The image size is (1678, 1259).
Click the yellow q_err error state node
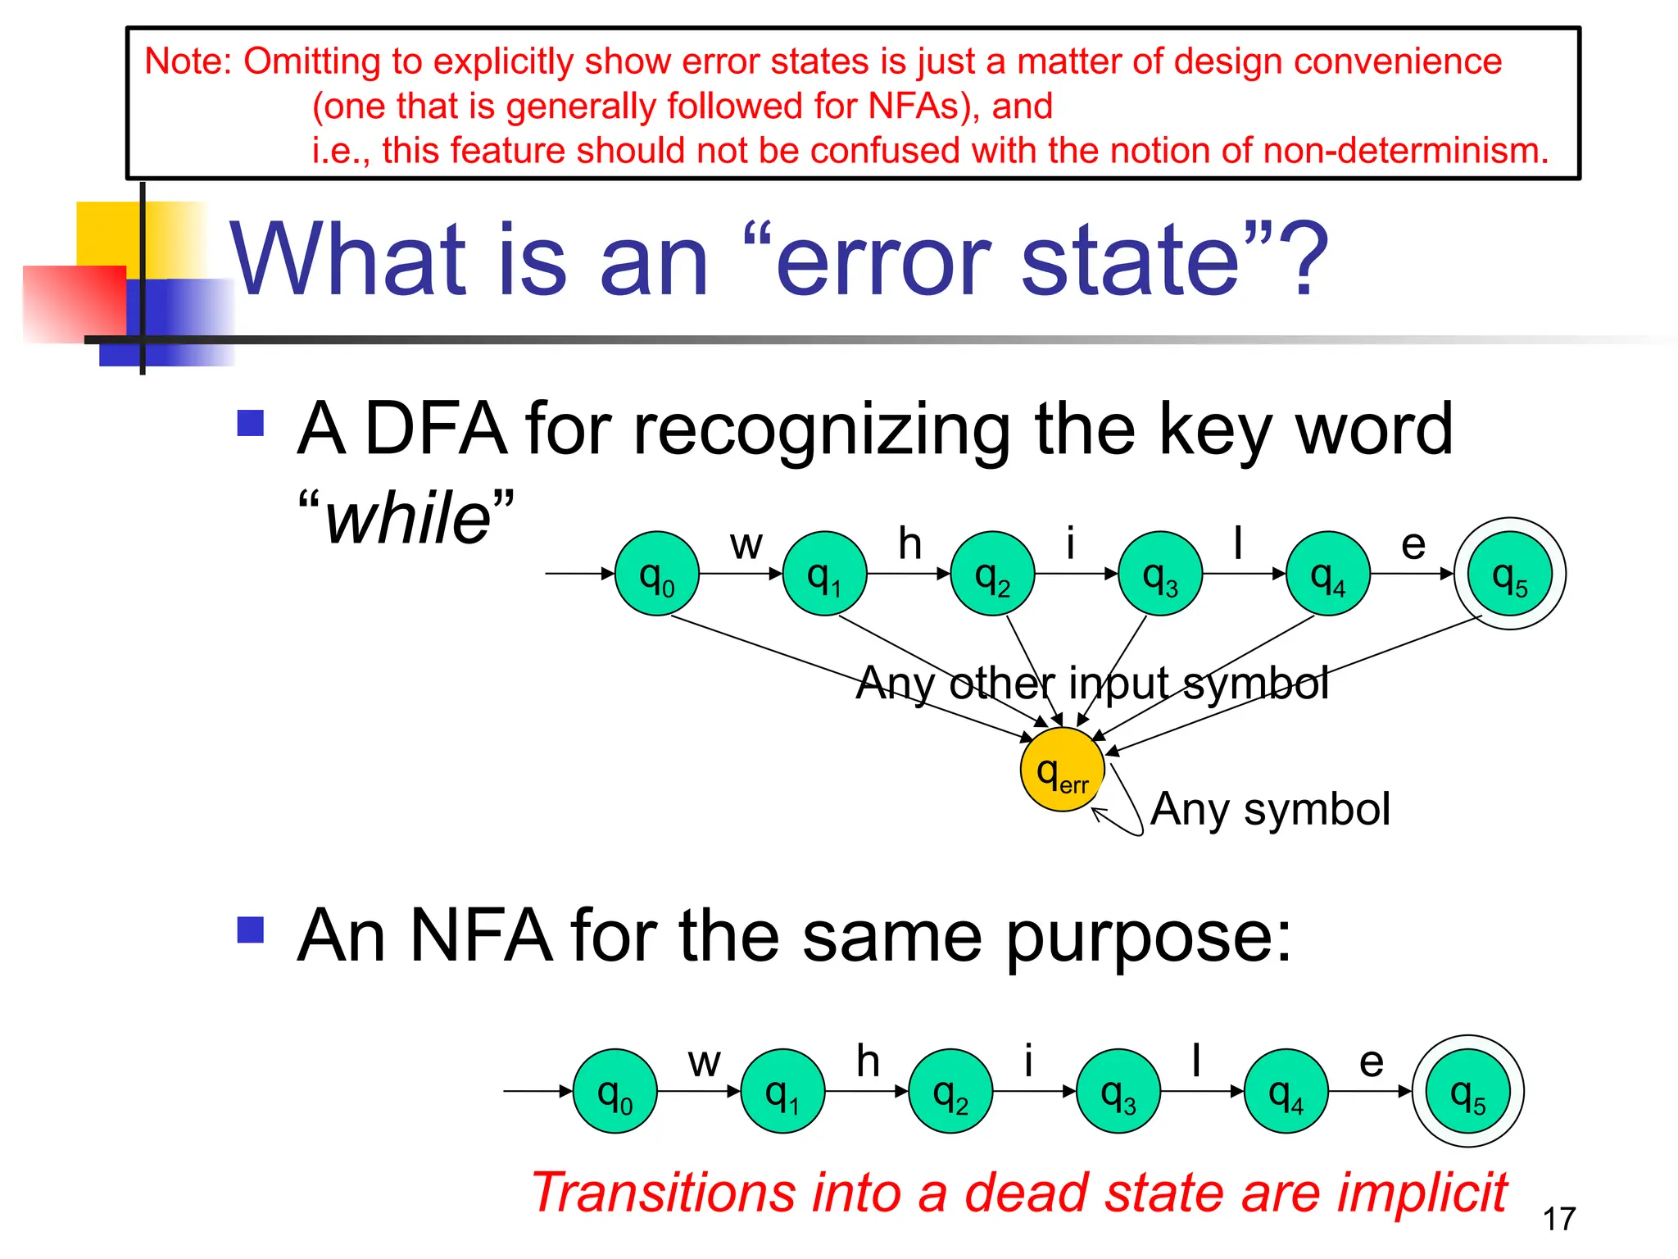(1063, 770)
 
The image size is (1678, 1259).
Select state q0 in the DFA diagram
(657, 574)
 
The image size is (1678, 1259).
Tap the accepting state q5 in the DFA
(1509, 574)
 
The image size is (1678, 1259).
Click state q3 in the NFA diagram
(1118, 1091)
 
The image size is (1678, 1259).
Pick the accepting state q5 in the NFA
(1467, 1091)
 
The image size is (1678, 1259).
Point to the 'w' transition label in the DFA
(746, 544)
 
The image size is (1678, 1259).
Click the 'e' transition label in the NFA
(1371, 1062)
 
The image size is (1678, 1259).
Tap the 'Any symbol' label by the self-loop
(1270, 809)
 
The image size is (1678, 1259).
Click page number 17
(1558, 1219)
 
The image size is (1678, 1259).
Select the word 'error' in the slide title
(883, 261)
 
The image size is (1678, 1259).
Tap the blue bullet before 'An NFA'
(251, 930)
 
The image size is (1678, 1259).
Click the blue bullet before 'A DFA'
(251, 423)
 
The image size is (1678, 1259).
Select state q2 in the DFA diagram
(992, 574)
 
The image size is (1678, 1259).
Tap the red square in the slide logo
(74, 303)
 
